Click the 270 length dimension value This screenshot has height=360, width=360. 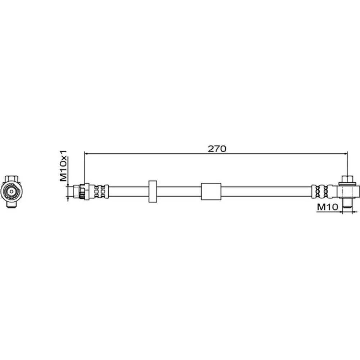click(217, 149)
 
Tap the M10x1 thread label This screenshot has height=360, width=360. click(63, 166)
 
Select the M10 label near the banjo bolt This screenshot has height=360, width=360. click(328, 207)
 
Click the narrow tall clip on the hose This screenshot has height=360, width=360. click(153, 192)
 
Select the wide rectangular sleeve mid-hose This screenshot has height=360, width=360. click(211, 192)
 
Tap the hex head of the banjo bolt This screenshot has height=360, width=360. click(347, 179)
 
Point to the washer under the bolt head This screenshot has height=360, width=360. click(347, 184)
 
